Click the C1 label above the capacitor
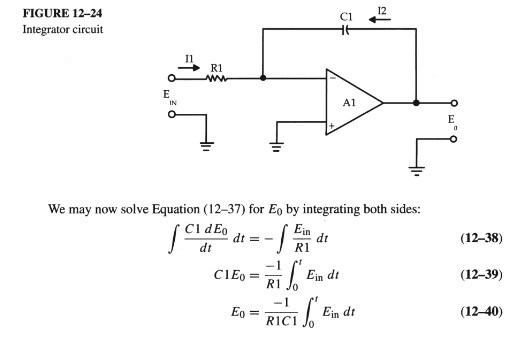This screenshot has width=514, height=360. tap(346, 14)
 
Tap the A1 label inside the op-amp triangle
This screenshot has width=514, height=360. tap(350, 102)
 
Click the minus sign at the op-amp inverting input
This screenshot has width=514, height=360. tap(331, 77)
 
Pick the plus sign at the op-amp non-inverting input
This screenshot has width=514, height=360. tap(331, 126)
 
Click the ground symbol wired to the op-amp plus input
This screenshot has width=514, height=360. tap(277, 145)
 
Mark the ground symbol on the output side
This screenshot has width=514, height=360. tap(417, 167)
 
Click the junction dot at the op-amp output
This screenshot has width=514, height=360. tap(416, 102)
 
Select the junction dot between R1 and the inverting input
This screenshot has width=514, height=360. tap(263, 76)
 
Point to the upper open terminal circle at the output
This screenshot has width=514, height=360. tap(454, 102)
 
